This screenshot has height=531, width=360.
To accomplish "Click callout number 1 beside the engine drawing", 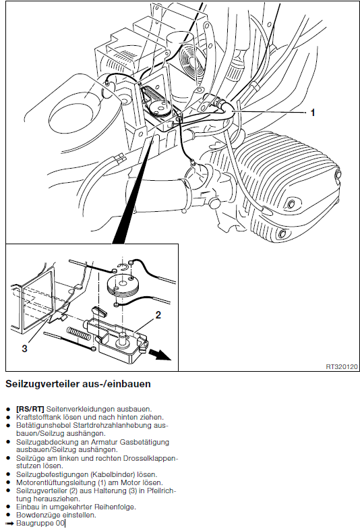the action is (x=313, y=113).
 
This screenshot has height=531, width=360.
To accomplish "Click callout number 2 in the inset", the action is (x=158, y=315).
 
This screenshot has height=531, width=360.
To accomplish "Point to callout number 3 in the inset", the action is (x=24, y=348).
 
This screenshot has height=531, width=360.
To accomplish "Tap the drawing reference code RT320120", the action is (x=342, y=367).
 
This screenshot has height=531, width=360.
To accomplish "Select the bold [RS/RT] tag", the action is (x=30, y=409).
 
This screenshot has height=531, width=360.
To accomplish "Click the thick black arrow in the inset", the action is (x=160, y=355).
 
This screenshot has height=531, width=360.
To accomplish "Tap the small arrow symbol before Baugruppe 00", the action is (x=10, y=523).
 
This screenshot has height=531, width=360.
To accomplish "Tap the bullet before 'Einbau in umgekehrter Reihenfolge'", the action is (x=8, y=507).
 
